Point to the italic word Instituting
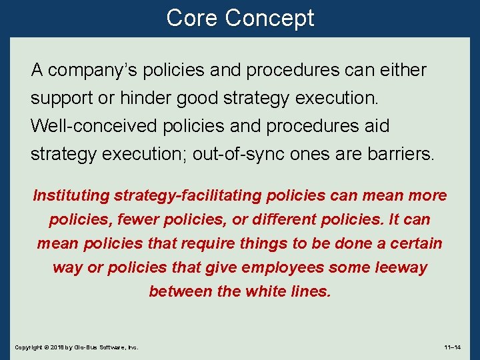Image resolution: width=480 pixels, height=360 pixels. click(x=71, y=196)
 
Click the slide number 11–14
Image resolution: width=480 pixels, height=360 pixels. click(x=453, y=348)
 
